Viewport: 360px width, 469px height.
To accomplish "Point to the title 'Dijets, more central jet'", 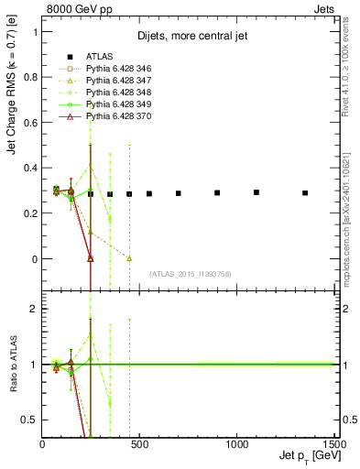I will [x=188, y=38].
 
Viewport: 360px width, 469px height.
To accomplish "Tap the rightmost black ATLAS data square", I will [x=305, y=193].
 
